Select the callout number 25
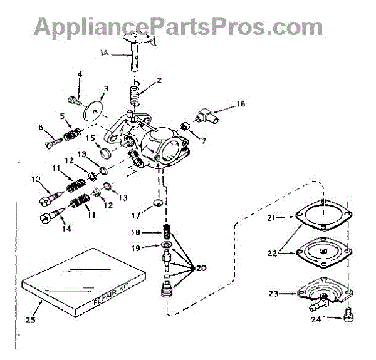[x=30, y=323]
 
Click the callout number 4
[x=80, y=76]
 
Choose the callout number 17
[x=135, y=217]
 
